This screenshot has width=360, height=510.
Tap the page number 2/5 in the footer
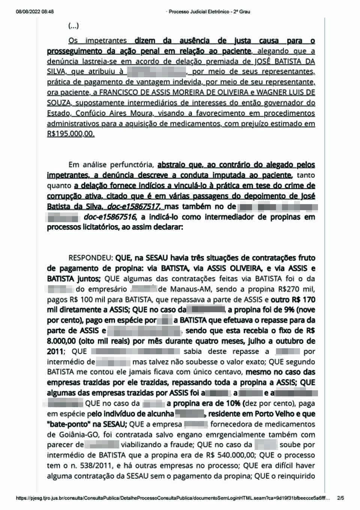click(340, 498)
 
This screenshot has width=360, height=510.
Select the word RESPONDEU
click(90, 258)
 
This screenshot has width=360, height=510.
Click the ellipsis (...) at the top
click(73, 26)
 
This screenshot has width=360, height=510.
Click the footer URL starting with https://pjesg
click(173, 498)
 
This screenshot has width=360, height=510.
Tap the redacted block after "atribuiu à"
click(156, 72)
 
